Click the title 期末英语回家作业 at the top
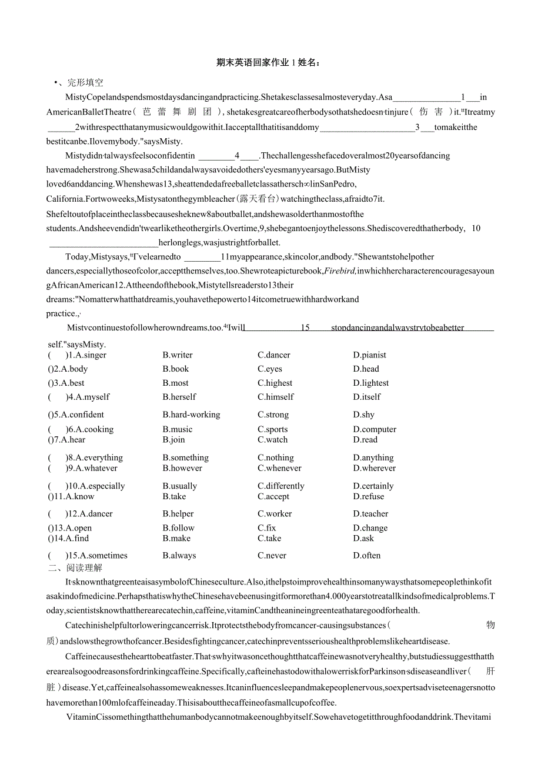point(253,63)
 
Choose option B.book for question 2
point(176,369)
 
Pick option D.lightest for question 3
point(370,383)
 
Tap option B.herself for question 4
point(179,397)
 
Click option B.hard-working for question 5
point(191,415)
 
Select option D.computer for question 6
point(375,430)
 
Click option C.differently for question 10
point(281,486)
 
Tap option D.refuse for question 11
point(368,497)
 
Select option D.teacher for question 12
point(370,514)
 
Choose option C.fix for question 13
point(266,528)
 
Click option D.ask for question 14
point(363,539)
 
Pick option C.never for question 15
point(272,556)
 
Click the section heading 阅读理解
point(85,568)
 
